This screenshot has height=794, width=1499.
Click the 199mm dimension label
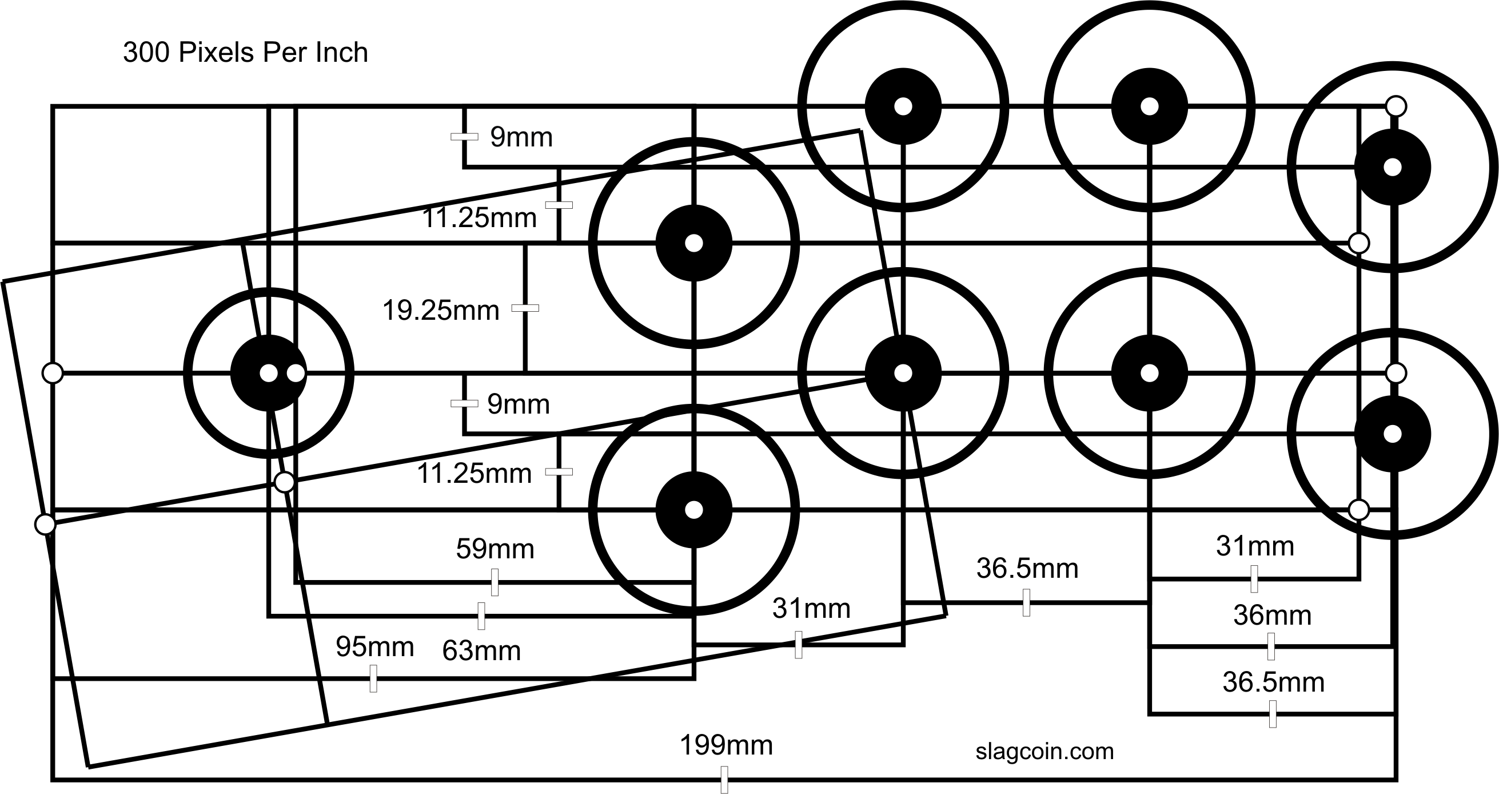click(726, 745)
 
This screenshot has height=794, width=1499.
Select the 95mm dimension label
click(375, 647)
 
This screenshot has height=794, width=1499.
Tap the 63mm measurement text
click(481, 651)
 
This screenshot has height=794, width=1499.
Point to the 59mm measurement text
click(495, 549)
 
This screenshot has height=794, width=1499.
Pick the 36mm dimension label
click(1272, 616)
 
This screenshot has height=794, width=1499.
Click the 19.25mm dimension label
click(441, 311)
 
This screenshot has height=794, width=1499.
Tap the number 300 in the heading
click(146, 53)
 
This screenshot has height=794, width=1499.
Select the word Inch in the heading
click(341, 53)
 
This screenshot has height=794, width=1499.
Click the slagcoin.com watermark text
click(1044, 751)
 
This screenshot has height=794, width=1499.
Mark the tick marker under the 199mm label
click(724, 780)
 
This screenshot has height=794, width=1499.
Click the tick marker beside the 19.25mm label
click(525, 308)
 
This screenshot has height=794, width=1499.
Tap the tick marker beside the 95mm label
click(373, 678)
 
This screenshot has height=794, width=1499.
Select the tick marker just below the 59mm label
click(495, 582)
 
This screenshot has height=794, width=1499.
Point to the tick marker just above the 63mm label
click(481, 616)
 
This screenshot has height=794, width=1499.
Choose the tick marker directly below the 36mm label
click(1271, 646)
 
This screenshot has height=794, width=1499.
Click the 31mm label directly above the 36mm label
click(1254, 546)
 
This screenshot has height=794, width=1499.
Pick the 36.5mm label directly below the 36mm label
click(1273, 682)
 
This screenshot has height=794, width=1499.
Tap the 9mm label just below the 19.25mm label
click(519, 404)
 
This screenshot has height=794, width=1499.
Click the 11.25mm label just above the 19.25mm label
click(479, 219)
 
